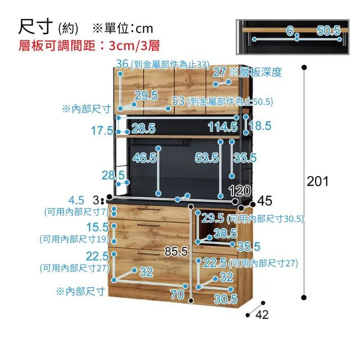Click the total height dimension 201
(317, 181)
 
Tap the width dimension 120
(240, 191)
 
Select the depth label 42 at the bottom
(262, 314)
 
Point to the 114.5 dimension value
(223, 127)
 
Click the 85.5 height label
(176, 251)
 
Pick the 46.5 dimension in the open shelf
(145, 157)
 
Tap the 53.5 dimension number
(206, 157)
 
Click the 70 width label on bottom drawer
(177, 294)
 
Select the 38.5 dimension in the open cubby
(225, 233)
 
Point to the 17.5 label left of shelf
(102, 130)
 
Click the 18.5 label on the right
(260, 126)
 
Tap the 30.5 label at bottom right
(226, 299)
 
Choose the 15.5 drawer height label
(97, 227)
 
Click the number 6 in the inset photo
(290, 30)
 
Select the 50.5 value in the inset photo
(328, 30)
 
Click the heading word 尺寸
(35, 27)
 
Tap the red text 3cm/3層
(134, 46)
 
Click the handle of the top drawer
(148, 209)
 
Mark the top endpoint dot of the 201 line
(304, 67)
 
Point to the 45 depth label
(265, 201)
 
